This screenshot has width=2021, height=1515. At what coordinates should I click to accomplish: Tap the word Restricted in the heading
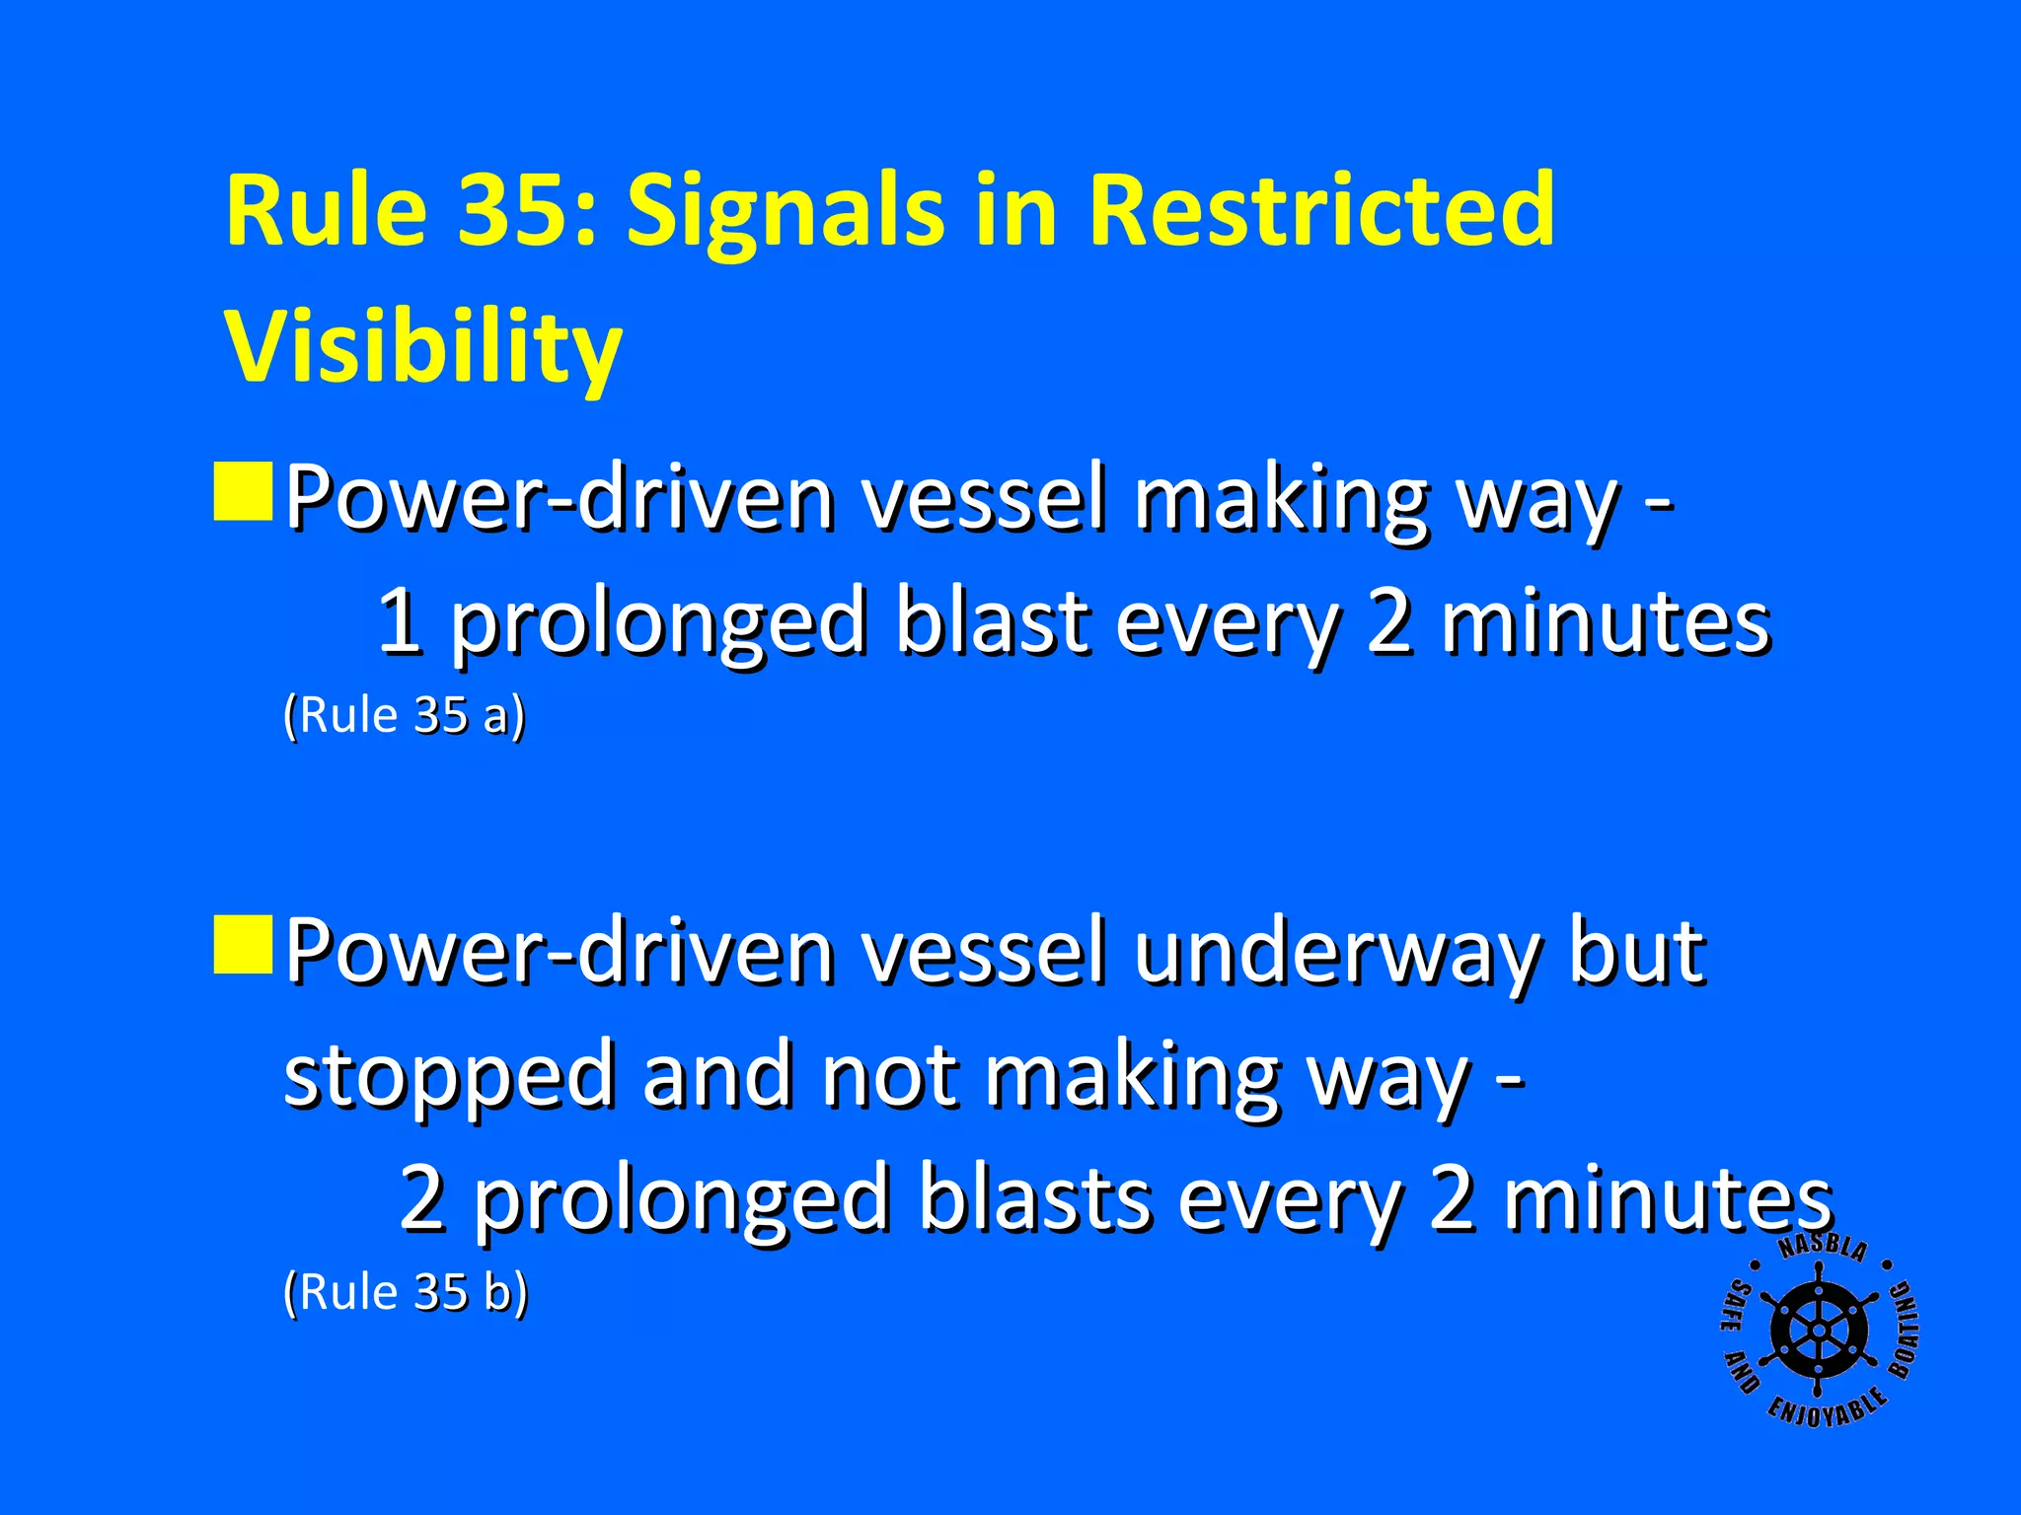click(1322, 209)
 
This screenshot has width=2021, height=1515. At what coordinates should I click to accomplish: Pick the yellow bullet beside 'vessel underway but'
click(243, 944)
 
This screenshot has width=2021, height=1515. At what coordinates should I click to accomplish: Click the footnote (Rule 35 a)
click(405, 715)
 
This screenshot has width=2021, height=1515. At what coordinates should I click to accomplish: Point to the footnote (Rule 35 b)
click(406, 1292)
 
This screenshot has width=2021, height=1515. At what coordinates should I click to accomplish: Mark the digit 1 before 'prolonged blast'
click(400, 621)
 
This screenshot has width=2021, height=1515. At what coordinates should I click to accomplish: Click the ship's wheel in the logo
click(1819, 1331)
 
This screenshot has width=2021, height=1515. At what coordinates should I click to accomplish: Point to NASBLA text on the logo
click(1823, 1249)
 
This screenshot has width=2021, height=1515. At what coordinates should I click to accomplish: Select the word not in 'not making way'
click(888, 1075)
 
